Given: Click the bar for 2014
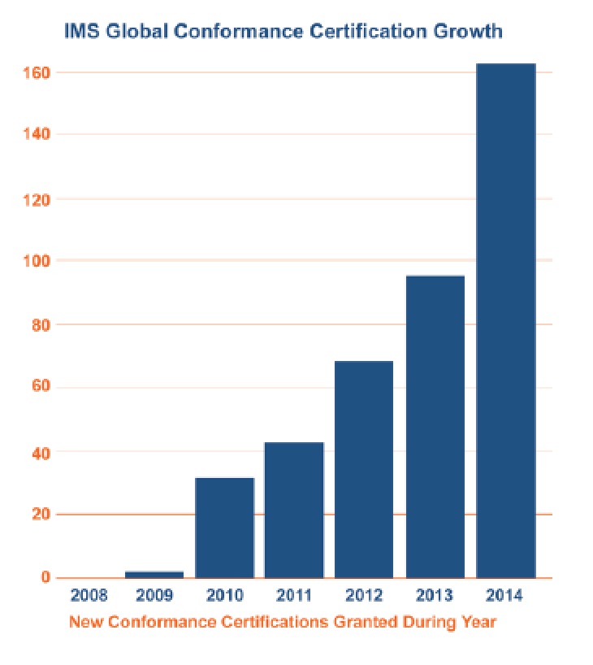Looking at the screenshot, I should pos(505,320).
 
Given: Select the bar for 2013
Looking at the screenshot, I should pos(435,426).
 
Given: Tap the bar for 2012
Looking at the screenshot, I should pos(364,469).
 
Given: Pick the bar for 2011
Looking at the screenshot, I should pos(294,510).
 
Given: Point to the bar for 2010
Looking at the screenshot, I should pos(224,528).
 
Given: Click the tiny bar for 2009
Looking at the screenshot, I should pos(154,574).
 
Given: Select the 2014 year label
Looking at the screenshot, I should pos(504,595).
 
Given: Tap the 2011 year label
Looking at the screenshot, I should pos(294,595).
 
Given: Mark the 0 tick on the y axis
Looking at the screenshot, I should pos(46,578).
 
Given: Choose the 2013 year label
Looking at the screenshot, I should pos(435,595).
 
